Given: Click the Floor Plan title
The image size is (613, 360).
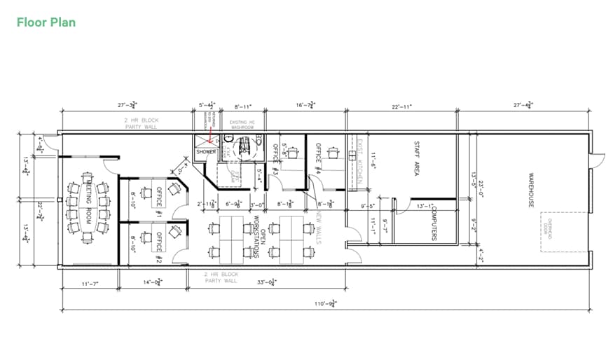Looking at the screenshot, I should click(x=46, y=22).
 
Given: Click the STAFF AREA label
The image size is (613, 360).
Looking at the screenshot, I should click(x=416, y=158).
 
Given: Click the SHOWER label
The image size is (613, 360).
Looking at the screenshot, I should click(x=206, y=151).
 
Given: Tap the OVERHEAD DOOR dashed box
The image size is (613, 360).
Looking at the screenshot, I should click(x=555, y=233).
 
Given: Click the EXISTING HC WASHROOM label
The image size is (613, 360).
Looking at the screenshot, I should click(x=242, y=125).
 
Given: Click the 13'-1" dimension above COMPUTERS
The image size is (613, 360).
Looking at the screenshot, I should click(x=425, y=207).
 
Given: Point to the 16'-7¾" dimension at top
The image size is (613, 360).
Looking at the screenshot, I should click(x=305, y=106).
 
